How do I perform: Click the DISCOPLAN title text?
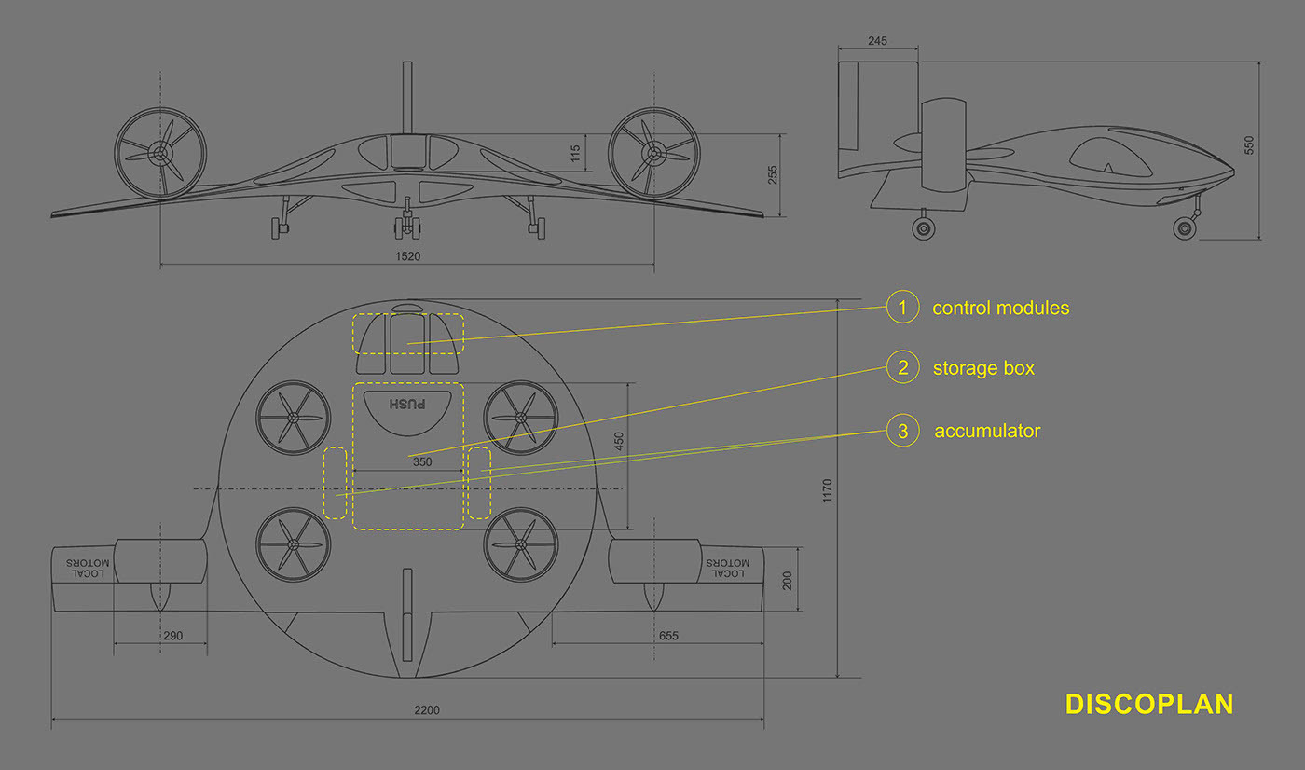pyautogui.click(x=1148, y=704)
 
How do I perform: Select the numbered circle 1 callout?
pyautogui.click(x=902, y=307)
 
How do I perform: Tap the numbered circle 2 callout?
pyautogui.click(x=902, y=367)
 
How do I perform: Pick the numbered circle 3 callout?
pyautogui.click(x=902, y=431)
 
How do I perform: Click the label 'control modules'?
pyautogui.click(x=1000, y=308)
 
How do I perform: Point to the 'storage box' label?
pyautogui.click(x=983, y=368)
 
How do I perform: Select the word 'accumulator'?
pyautogui.click(x=987, y=432)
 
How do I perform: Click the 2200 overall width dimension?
pyautogui.click(x=426, y=710)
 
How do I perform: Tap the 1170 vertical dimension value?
pyautogui.click(x=828, y=491)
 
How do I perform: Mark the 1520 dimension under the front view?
pyautogui.click(x=407, y=256)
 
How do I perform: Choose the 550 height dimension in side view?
pyautogui.click(x=1250, y=145)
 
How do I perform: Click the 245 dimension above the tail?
pyautogui.click(x=877, y=41)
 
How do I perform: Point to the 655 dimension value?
pyautogui.click(x=668, y=637)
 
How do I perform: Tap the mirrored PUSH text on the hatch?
pyautogui.click(x=407, y=405)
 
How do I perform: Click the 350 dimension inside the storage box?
pyautogui.click(x=421, y=461)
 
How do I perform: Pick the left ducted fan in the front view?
pyautogui.click(x=160, y=152)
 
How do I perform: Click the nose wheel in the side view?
pyautogui.click(x=1184, y=227)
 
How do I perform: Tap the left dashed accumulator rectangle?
pyautogui.click(x=335, y=483)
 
